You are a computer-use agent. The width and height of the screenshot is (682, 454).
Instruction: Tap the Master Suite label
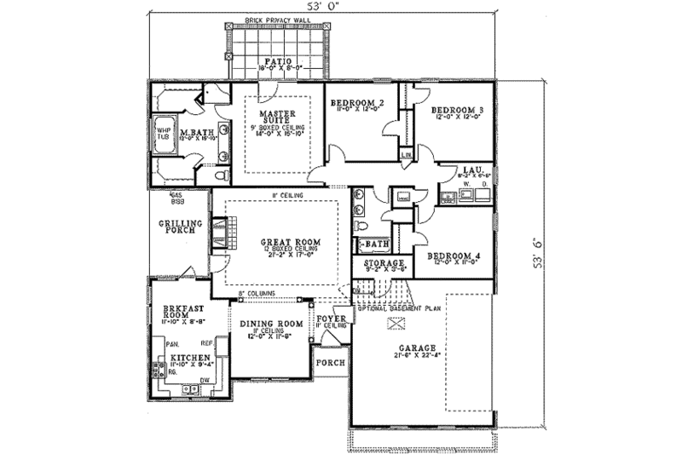[x=277, y=117]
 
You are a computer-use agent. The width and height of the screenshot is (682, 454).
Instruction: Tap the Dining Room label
[x=271, y=324]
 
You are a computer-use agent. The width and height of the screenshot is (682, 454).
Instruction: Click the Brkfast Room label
[x=181, y=312]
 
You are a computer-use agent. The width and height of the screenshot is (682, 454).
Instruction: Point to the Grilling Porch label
[x=180, y=227]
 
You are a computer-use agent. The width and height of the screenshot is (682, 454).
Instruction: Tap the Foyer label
[x=330, y=319]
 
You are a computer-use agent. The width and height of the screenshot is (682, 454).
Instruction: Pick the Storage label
[x=383, y=264]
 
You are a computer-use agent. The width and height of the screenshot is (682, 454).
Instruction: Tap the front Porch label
[x=329, y=360]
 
